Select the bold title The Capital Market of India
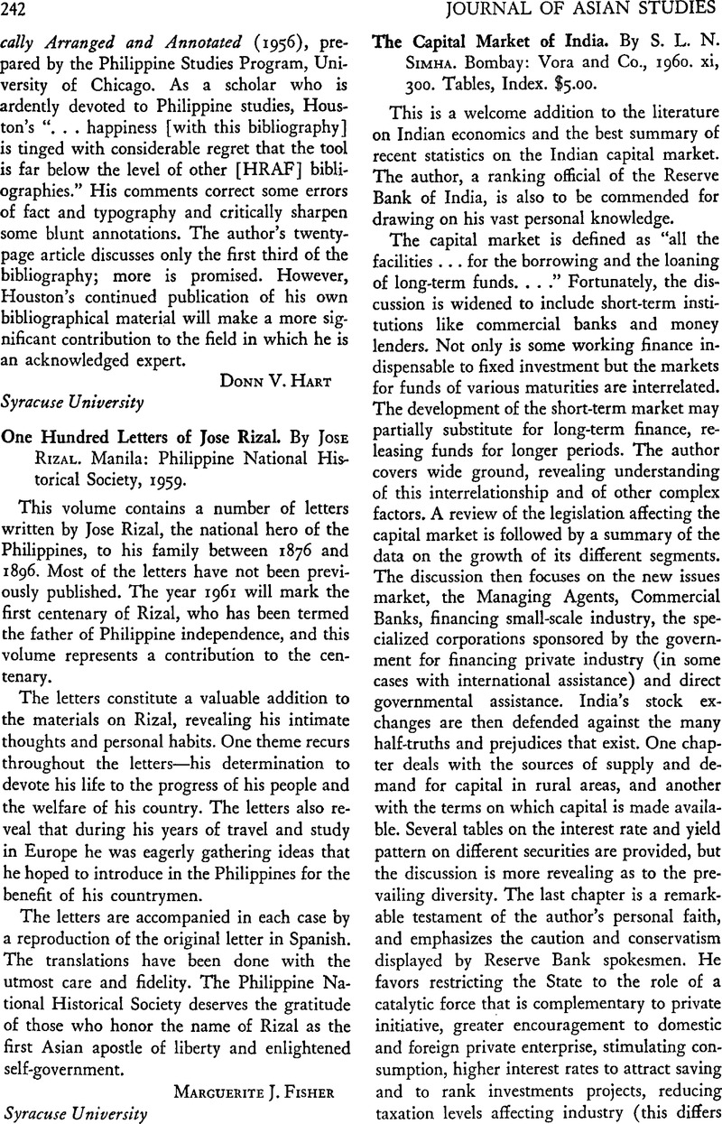coord(474,42)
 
